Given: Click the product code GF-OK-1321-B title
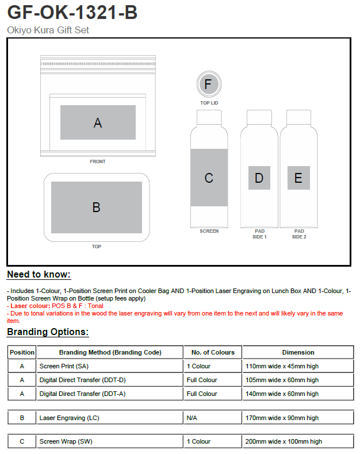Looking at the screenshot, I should tap(72, 12).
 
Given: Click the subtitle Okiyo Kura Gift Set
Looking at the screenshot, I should tap(48, 30).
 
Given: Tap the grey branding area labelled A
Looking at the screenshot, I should tap(98, 122).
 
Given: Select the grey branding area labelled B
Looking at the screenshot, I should tap(97, 207).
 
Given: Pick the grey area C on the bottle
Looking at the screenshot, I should tap(209, 178).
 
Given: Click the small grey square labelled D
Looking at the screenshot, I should tap(259, 178).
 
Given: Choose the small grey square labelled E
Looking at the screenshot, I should tap(298, 178).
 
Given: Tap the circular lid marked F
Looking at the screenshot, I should tap(208, 86).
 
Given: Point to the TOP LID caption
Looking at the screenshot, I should tap(209, 103).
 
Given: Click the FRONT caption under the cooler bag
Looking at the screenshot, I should tap(98, 161).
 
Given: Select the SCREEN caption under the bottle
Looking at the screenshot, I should tap(209, 231).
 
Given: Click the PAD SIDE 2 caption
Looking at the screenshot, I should tap(299, 234).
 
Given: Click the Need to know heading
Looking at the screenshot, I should tap(39, 274).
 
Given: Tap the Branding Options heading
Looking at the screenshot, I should tap(48, 332).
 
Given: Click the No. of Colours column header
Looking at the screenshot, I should tap(213, 352).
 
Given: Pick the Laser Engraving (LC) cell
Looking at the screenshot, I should tap(69, 418).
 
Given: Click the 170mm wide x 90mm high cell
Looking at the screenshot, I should tap(281, 418).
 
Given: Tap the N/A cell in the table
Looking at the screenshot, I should tap(192, 418).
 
